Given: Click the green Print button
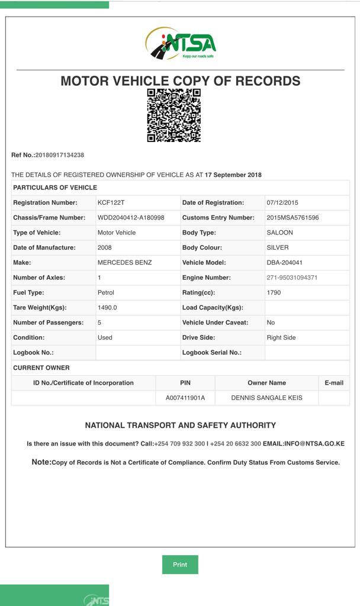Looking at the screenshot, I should click(180, 565).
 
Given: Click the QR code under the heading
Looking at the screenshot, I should click(174, 115).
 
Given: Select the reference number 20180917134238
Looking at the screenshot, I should click(60, 155).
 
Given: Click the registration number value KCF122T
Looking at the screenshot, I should click(111, 202).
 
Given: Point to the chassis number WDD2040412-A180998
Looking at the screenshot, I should click(131, 218).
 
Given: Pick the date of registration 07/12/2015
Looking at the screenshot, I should click(282, 202).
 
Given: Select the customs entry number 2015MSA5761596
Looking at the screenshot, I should click(292, 218).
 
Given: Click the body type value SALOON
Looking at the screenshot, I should click(279, 233).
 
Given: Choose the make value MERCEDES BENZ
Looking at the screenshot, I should click(124, 263).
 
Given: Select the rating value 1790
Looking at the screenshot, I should click(274, 292).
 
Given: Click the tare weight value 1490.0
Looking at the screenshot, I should click(107, 308).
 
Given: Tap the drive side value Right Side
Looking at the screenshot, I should click(281, 337).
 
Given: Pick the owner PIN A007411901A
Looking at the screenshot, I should click(185, 398).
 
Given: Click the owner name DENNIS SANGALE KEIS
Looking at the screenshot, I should click(266, 398).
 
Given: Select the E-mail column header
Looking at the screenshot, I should click(334, 383).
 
